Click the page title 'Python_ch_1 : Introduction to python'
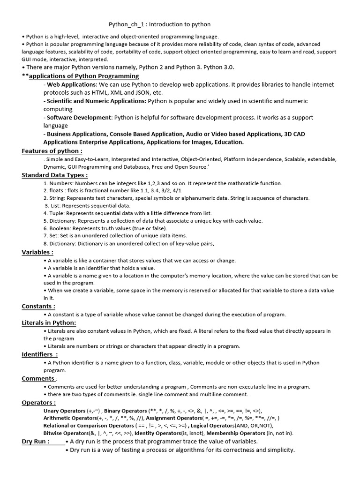(x=159, y=24)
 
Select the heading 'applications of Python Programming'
(x=84, y=76)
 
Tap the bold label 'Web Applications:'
(x=72, y=85)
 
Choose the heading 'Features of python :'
(x=52, y=151)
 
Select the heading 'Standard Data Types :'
(x=55, y=175)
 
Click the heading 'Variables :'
(x=37, y=253)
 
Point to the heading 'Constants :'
(x=38, y=307)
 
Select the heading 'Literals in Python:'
(x=49, y=323)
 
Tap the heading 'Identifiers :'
(x=40, y=355)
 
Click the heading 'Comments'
(x=38, y=379)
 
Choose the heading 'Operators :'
(x=39, y=403)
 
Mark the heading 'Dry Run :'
(x=36, y=442)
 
